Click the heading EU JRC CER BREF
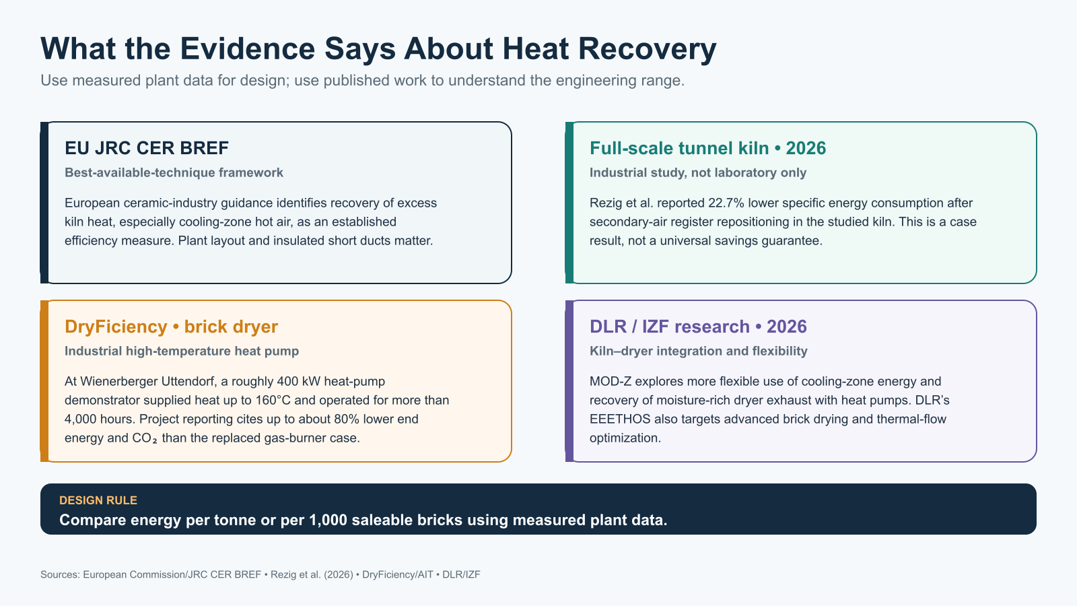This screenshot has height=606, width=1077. coord(147,148)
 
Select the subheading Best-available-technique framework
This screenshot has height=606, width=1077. coord(174,172)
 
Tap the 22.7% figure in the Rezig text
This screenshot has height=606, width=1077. coord(726,203)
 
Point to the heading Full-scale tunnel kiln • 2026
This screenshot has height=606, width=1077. coord(707,148)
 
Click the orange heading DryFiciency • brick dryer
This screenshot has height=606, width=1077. coord(171,327)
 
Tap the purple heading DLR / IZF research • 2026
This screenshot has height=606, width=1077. coord(698,327)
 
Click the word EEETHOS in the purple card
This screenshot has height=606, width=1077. coord(620,419)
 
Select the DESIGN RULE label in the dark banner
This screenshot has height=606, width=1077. coord(98,500)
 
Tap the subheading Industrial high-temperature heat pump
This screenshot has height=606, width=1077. coord(182,351)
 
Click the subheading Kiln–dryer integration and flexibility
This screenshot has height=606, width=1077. coord(698,351)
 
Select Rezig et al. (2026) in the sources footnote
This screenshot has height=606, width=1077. coord(312,574)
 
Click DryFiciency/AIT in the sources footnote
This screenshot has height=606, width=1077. coord(398,574)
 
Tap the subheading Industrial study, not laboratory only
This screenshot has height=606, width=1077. coord(697,172)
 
